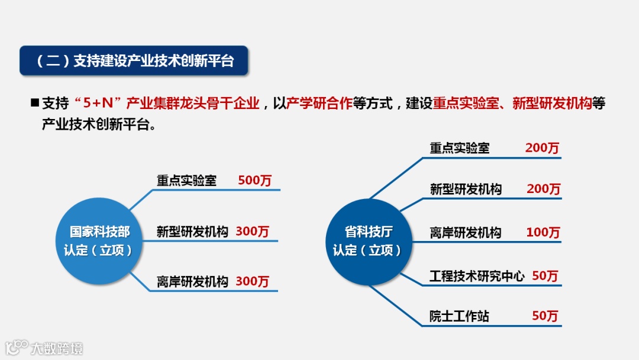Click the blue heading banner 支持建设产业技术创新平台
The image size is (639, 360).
(133, 61)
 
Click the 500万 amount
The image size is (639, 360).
(254, 181)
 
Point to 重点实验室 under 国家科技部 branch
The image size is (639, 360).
(186, 181)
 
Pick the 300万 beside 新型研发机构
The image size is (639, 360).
(252, 232)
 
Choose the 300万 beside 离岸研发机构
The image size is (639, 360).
(252, 282)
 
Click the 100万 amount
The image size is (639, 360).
(543, 233)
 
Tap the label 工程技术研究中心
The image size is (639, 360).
(477, 276)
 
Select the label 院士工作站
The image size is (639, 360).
(459, 316)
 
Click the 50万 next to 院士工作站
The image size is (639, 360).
(545, 316)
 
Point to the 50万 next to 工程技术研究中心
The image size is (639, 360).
(545, 276)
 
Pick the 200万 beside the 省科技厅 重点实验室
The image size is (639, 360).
(542, 148)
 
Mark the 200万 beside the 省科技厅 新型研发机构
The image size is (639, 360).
(543, 189)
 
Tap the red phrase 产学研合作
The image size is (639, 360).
(319, 103)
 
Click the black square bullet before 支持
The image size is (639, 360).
(34, 102)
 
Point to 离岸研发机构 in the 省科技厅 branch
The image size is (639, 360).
(465, 233)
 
